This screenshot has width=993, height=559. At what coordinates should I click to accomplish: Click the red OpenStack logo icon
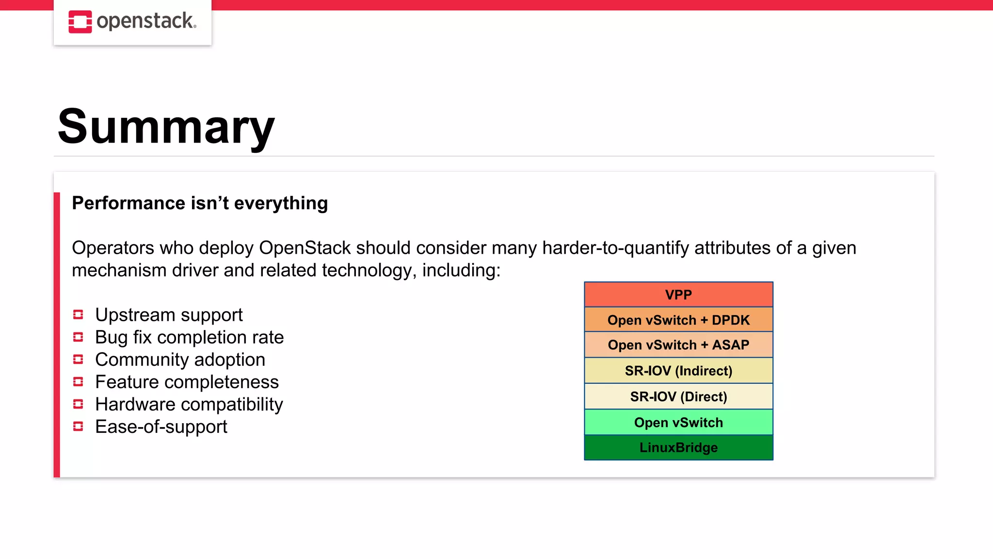point(80,22)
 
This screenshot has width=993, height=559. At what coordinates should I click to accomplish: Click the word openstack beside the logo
point(146,21)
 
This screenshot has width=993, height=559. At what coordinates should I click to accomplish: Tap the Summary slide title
point(166,127)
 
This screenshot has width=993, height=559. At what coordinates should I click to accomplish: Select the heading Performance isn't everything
point(200,203)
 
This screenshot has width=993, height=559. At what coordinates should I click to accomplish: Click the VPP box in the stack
point(678,295)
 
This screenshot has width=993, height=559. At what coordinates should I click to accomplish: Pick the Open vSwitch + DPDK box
point(678,320)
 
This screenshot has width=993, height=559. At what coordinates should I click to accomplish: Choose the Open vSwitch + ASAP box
point(678,345)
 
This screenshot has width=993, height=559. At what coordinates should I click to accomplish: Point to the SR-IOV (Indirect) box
point(678,371)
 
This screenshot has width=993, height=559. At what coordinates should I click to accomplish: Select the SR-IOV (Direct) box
point(678,396)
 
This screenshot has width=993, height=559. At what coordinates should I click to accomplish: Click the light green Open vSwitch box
point(678,422)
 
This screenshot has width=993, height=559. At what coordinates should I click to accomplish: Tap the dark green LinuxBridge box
point(678,447)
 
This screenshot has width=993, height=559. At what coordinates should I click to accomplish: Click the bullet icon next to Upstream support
point(78,315)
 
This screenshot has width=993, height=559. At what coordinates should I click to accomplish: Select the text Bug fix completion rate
point(189,337)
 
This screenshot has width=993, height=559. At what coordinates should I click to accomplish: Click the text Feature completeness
point(187,382)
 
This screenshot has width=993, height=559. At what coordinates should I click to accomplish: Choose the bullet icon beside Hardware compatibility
point(78,404)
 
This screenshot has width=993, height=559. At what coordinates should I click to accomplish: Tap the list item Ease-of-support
point(161,427)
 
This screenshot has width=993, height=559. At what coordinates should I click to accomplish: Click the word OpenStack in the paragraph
point(304,248)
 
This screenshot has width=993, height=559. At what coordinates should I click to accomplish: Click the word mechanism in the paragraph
point(119,270)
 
